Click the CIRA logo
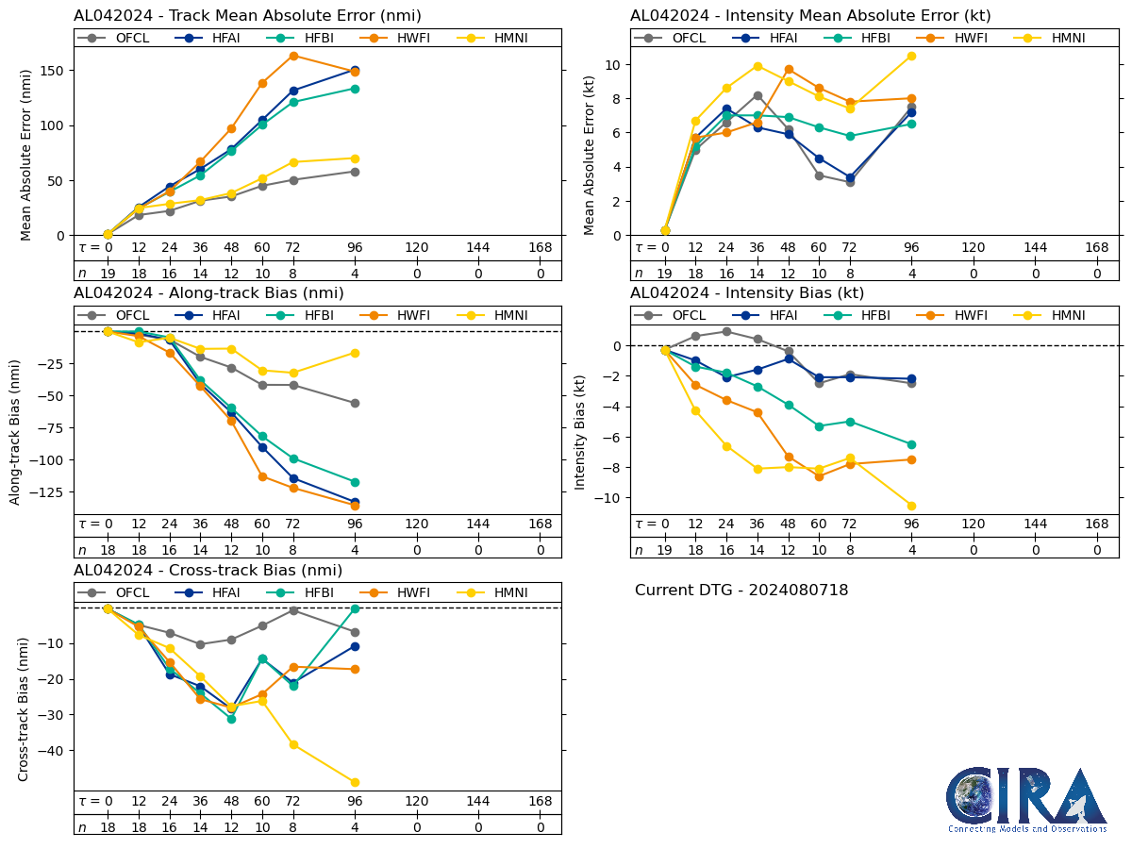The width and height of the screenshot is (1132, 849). click(1026, 800)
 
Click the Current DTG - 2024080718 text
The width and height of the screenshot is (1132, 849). click(741, 591)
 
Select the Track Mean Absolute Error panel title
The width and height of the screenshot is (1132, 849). click(247, 16)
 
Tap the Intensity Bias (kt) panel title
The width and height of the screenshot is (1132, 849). click(746, 293)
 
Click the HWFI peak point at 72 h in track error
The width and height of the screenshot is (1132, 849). click(293, 56)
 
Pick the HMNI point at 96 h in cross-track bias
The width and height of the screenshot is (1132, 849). click(355, 782)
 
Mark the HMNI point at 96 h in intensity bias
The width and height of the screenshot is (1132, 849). click(911, 506)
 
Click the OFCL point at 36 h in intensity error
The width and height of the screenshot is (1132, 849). click(757, 95)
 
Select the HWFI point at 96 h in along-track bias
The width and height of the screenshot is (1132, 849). click(355, 506)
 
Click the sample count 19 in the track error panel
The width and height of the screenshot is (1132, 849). click(108, 274)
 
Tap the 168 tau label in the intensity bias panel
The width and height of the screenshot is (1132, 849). click(1096, 524)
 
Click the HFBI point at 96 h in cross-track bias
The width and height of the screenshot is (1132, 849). click(355, 609)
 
